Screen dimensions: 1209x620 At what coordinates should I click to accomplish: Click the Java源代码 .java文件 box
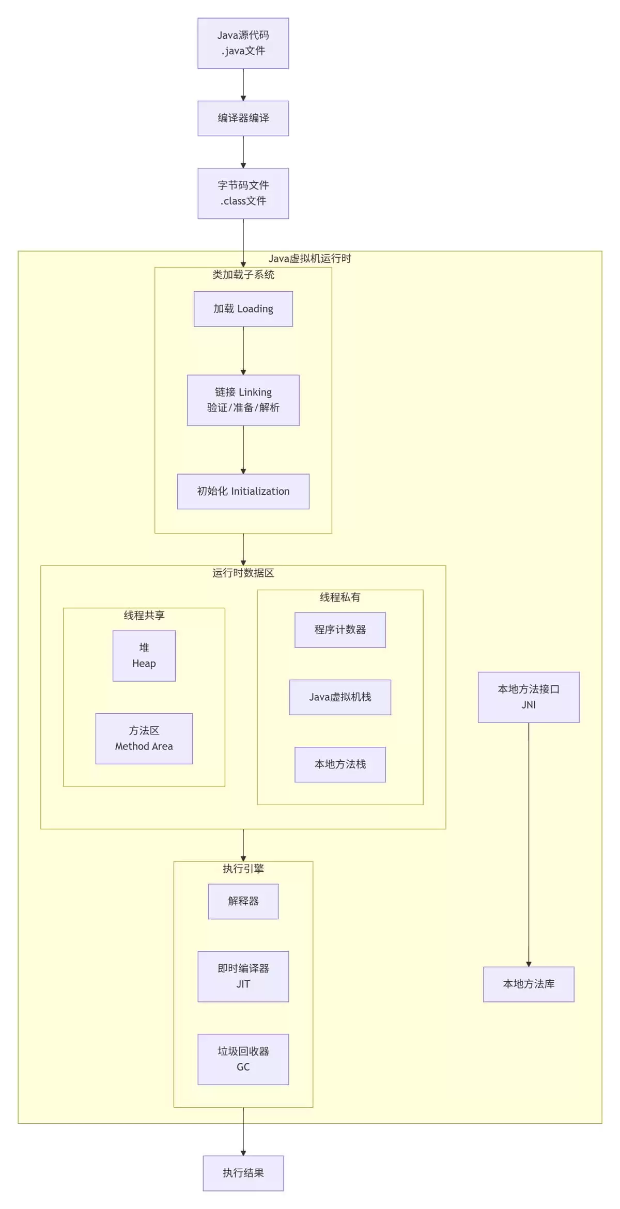243,43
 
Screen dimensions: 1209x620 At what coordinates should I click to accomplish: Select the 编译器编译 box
243,118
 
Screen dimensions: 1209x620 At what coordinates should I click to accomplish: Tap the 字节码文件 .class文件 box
243,193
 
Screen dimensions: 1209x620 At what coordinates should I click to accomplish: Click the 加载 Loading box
243,309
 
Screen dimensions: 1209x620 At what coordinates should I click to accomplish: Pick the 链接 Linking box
243,400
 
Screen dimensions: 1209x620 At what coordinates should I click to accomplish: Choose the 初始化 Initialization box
243,491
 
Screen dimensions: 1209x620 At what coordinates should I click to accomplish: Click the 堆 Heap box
144,656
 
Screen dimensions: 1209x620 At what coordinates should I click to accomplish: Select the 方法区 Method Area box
144,739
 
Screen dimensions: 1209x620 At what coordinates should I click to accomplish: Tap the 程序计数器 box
340,630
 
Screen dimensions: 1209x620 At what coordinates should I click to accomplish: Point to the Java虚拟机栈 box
340,697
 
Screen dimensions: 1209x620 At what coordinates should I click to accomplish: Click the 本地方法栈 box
340,764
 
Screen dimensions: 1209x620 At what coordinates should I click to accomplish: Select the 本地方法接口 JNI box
529,697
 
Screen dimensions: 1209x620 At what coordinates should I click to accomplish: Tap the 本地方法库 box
529,984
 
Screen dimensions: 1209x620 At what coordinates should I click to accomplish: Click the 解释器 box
243,901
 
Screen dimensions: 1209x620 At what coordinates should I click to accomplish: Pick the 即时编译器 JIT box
243,977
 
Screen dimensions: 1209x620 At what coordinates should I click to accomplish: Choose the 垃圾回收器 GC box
243,1059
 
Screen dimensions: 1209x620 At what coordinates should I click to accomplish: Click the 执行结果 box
243,1173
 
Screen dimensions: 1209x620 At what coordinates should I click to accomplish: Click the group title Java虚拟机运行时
310,259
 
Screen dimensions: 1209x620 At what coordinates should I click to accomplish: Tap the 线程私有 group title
340,598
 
